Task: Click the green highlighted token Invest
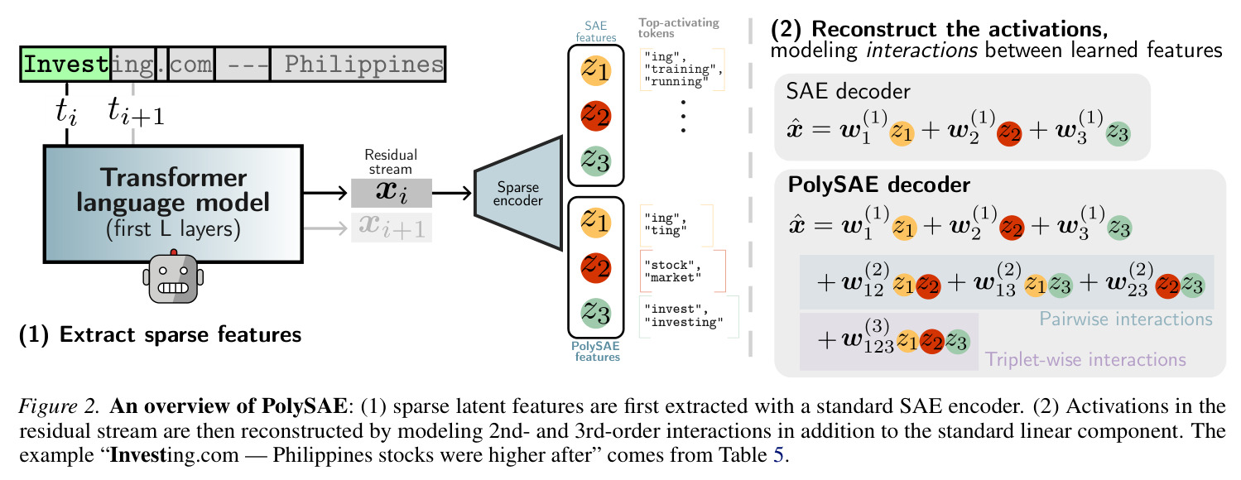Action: pos(66,65)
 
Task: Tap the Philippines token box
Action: pos(358,65)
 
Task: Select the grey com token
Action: pos(191,65)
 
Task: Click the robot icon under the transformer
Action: pos(173,276)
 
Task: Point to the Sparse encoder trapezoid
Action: pos(518,193)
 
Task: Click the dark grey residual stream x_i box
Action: pos(392,193)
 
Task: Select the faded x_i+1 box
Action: pos(392,228)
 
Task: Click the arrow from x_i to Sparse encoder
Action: pos(452,193)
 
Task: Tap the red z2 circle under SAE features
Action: pos(595,116)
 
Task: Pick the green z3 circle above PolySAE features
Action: pos(595,312)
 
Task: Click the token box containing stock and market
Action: pos(682,271)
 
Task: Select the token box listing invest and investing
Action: pos(689,316)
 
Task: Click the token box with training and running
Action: pos(682,70)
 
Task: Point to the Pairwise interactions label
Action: pos(1126,319)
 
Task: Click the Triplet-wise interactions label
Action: pos(1085,360)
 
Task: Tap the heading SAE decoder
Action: pos(848,91)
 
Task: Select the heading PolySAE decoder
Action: pos(878,185)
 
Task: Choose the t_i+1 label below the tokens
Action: pos(136,111)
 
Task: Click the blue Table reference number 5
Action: pos(778,455)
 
